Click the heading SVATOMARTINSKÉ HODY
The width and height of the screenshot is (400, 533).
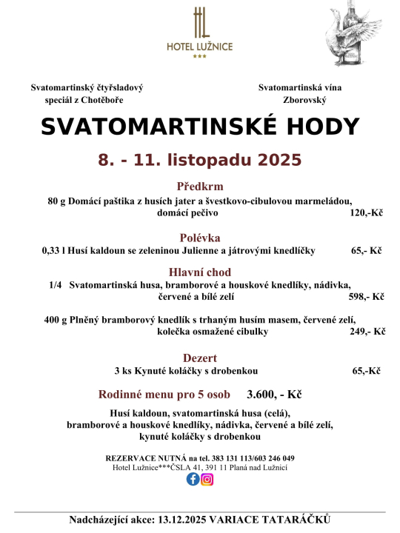[x=200, y=127]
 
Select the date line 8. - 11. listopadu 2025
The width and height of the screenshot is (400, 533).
[x=200, y=160]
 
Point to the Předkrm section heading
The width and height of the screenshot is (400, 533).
[x=200, y=187]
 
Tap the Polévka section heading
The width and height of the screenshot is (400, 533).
[x=200, y=238]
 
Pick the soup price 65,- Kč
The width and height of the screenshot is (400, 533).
[x=366, y=251]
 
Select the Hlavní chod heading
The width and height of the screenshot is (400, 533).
[x=200, y=272]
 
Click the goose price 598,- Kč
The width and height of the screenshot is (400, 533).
[x=366, y=297]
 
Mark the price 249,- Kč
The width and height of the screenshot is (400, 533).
[x=367, y=332]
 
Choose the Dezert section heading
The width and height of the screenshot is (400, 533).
[x=200, y=358]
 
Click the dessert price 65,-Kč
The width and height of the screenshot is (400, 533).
[x=366, y=370]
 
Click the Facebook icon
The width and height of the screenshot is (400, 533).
[x=193, y=479]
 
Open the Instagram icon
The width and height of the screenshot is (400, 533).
[x=207, y=479]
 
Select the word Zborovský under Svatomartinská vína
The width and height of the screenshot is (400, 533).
[x=304, y=99]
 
